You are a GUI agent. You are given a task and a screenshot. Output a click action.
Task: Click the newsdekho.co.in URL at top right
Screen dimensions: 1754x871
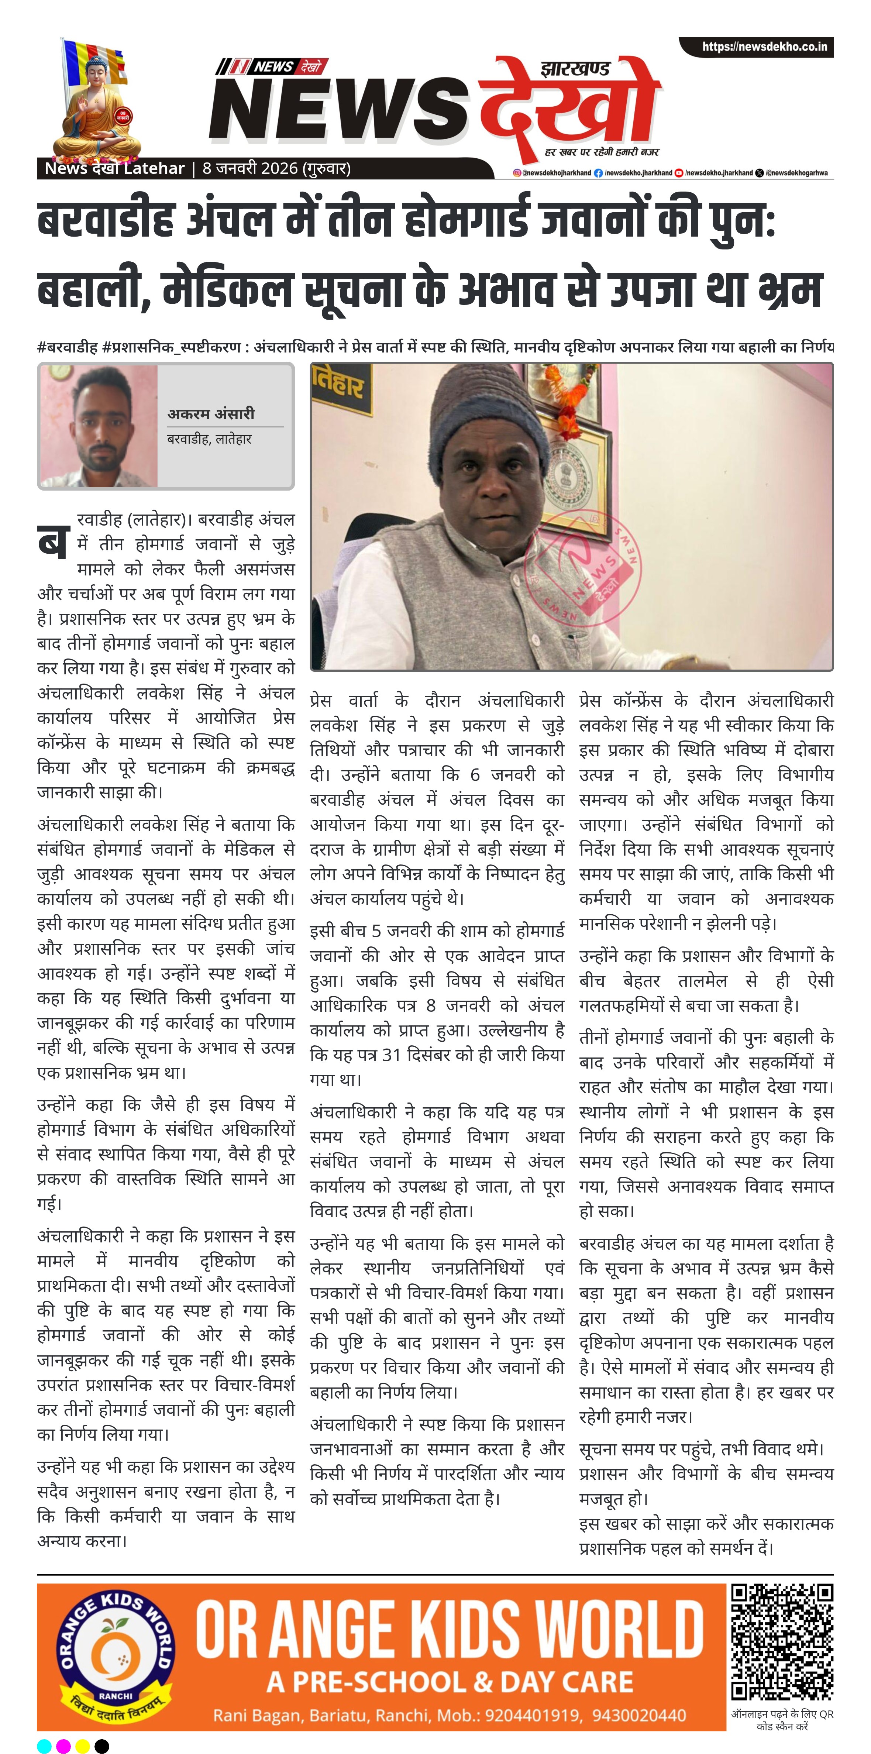tap(764, 47)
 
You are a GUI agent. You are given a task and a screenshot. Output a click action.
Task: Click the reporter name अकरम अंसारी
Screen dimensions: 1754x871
tap(211, 413)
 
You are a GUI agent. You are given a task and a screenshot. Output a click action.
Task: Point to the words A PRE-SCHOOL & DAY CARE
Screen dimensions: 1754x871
tap(450, 1682)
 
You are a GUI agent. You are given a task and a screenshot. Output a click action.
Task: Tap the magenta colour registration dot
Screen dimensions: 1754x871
tap(63, 1745)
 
